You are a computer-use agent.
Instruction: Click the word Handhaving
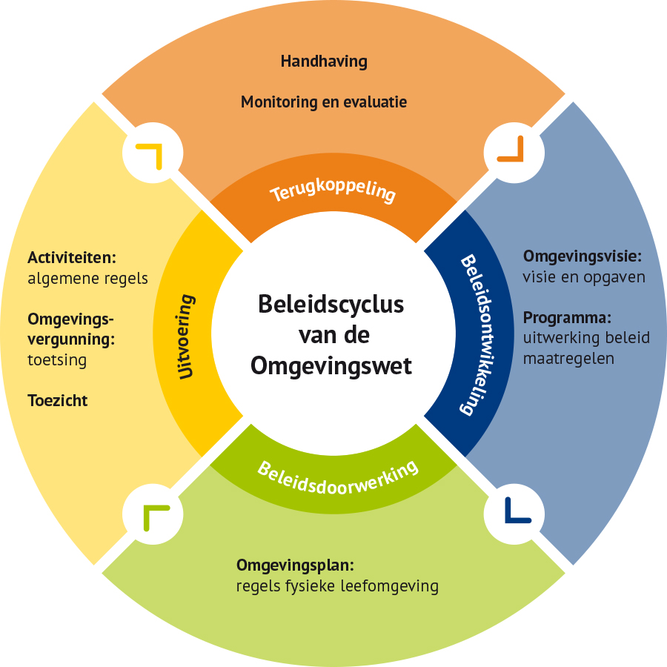[324, 62]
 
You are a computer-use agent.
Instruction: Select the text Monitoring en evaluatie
[324, 102]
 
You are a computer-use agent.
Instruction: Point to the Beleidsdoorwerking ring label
[338, 474]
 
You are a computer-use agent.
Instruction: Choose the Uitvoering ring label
[188, 337]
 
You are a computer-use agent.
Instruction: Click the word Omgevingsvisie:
[582, 257]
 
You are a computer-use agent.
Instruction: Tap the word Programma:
[567, 319]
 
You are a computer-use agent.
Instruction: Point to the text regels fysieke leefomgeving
[337, 587]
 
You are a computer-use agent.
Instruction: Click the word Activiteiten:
[73, 259]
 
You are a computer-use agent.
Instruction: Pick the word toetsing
[57, 361]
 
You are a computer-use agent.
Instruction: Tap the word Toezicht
[58, 401]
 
